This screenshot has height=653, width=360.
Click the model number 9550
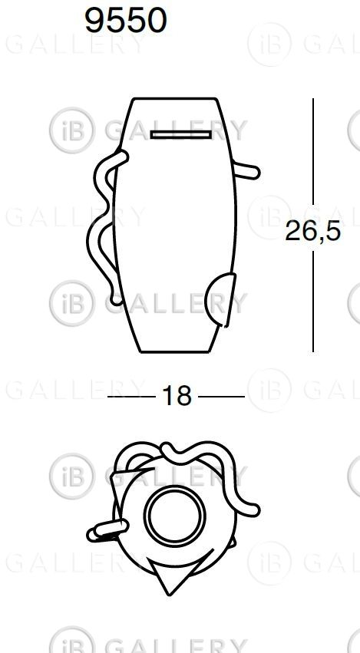click(125, 21)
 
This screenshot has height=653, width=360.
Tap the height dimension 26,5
click(313, 231)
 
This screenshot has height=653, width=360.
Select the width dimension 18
click(177, 396)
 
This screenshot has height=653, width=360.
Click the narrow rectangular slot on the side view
click(181, 134)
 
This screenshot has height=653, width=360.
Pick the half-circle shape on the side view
click(220, 299)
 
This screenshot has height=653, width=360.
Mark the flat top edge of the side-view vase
click(174, 99)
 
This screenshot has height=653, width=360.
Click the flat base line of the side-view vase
click(174, 352)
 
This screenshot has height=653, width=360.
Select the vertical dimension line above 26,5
click(313, 152)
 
